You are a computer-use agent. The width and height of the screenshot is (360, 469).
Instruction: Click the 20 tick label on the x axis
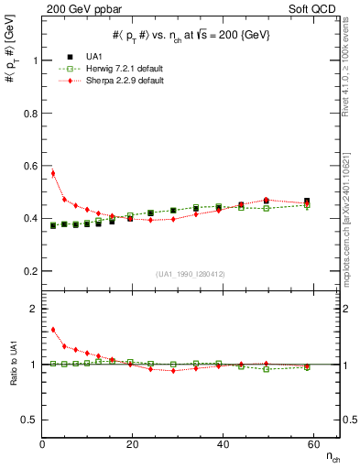[x=132, y=444]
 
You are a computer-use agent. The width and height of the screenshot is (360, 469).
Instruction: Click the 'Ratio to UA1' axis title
[x=12, y=377]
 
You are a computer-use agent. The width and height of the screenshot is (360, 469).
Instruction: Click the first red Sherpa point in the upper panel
[x=53, y=173]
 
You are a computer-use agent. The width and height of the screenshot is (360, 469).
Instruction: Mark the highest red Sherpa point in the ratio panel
[x=53, y=330]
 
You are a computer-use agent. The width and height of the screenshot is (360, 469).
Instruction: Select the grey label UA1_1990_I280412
[x=191, y=274]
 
